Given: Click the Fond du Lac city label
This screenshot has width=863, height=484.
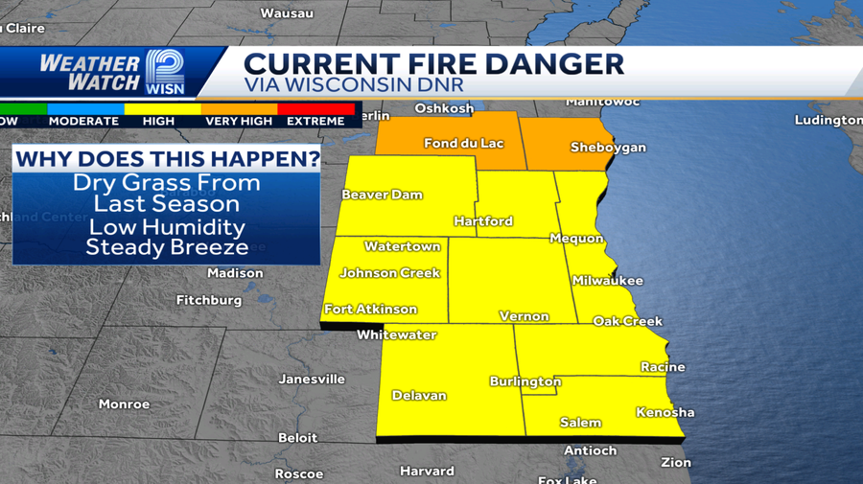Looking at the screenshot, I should point(463,144).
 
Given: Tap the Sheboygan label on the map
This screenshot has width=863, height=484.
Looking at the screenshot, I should point(608,148).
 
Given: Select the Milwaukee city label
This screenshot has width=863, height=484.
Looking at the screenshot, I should point(607,281).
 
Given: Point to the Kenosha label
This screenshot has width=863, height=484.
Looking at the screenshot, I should point(665,413).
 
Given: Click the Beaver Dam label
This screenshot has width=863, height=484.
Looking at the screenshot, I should point(382,195).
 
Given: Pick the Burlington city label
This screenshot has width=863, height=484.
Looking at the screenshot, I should point(525,380).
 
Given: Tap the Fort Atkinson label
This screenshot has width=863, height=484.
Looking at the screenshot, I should point(371,310).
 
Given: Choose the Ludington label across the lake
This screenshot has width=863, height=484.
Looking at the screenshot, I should point(828,120).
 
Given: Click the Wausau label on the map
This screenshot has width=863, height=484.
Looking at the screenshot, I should point(287,13).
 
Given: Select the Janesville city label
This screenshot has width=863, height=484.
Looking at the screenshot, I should point(312,379).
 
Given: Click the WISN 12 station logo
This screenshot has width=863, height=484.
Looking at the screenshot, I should point(166,72).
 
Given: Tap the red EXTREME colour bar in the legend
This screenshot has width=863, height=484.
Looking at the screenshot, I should point(315,109).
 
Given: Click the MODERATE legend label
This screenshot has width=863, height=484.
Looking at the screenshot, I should point(83,122).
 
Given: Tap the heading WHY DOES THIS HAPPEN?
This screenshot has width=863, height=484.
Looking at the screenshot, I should point(167,157).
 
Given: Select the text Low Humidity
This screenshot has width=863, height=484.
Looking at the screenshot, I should point(167,227).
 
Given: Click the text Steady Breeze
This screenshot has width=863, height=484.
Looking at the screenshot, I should point(167,247).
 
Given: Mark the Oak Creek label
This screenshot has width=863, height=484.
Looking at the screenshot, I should point(627,321).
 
